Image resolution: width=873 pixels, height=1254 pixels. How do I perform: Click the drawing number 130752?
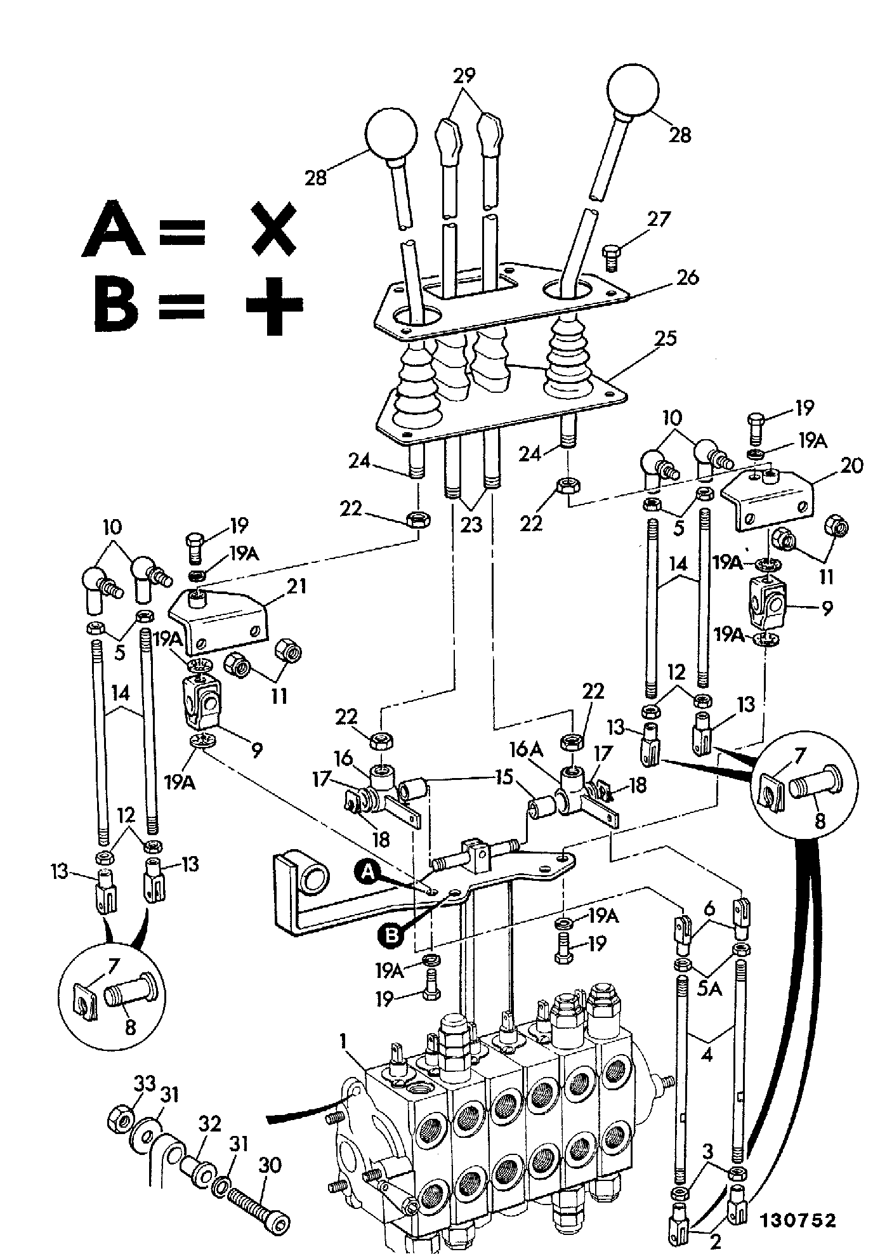[x=797, y=1220]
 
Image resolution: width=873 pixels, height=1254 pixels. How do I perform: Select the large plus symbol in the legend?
[x=273, y=306]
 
